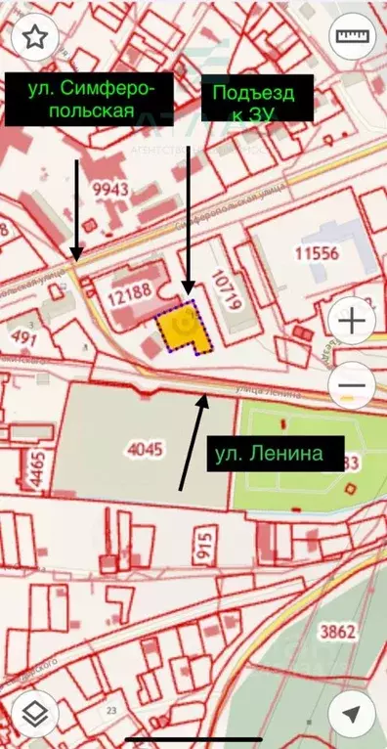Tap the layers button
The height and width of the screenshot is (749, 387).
point(35,715)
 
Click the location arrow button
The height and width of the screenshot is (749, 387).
point(351,715)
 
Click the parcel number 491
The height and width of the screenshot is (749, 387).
point(22,337)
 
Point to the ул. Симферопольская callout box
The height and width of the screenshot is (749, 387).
point(89,99)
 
